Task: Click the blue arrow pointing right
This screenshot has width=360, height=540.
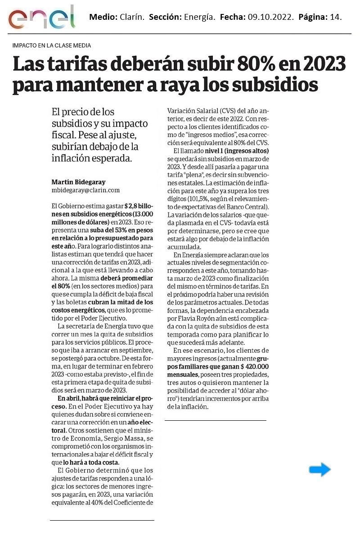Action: pos(320,470)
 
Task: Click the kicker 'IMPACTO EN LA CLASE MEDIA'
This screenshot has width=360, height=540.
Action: pos(52,45)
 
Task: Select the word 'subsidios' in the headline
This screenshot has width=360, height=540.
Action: pos(272,84)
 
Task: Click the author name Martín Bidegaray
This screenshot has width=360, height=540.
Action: pos(79,182)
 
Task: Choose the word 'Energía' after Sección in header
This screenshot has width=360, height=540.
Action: pos(199,18)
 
